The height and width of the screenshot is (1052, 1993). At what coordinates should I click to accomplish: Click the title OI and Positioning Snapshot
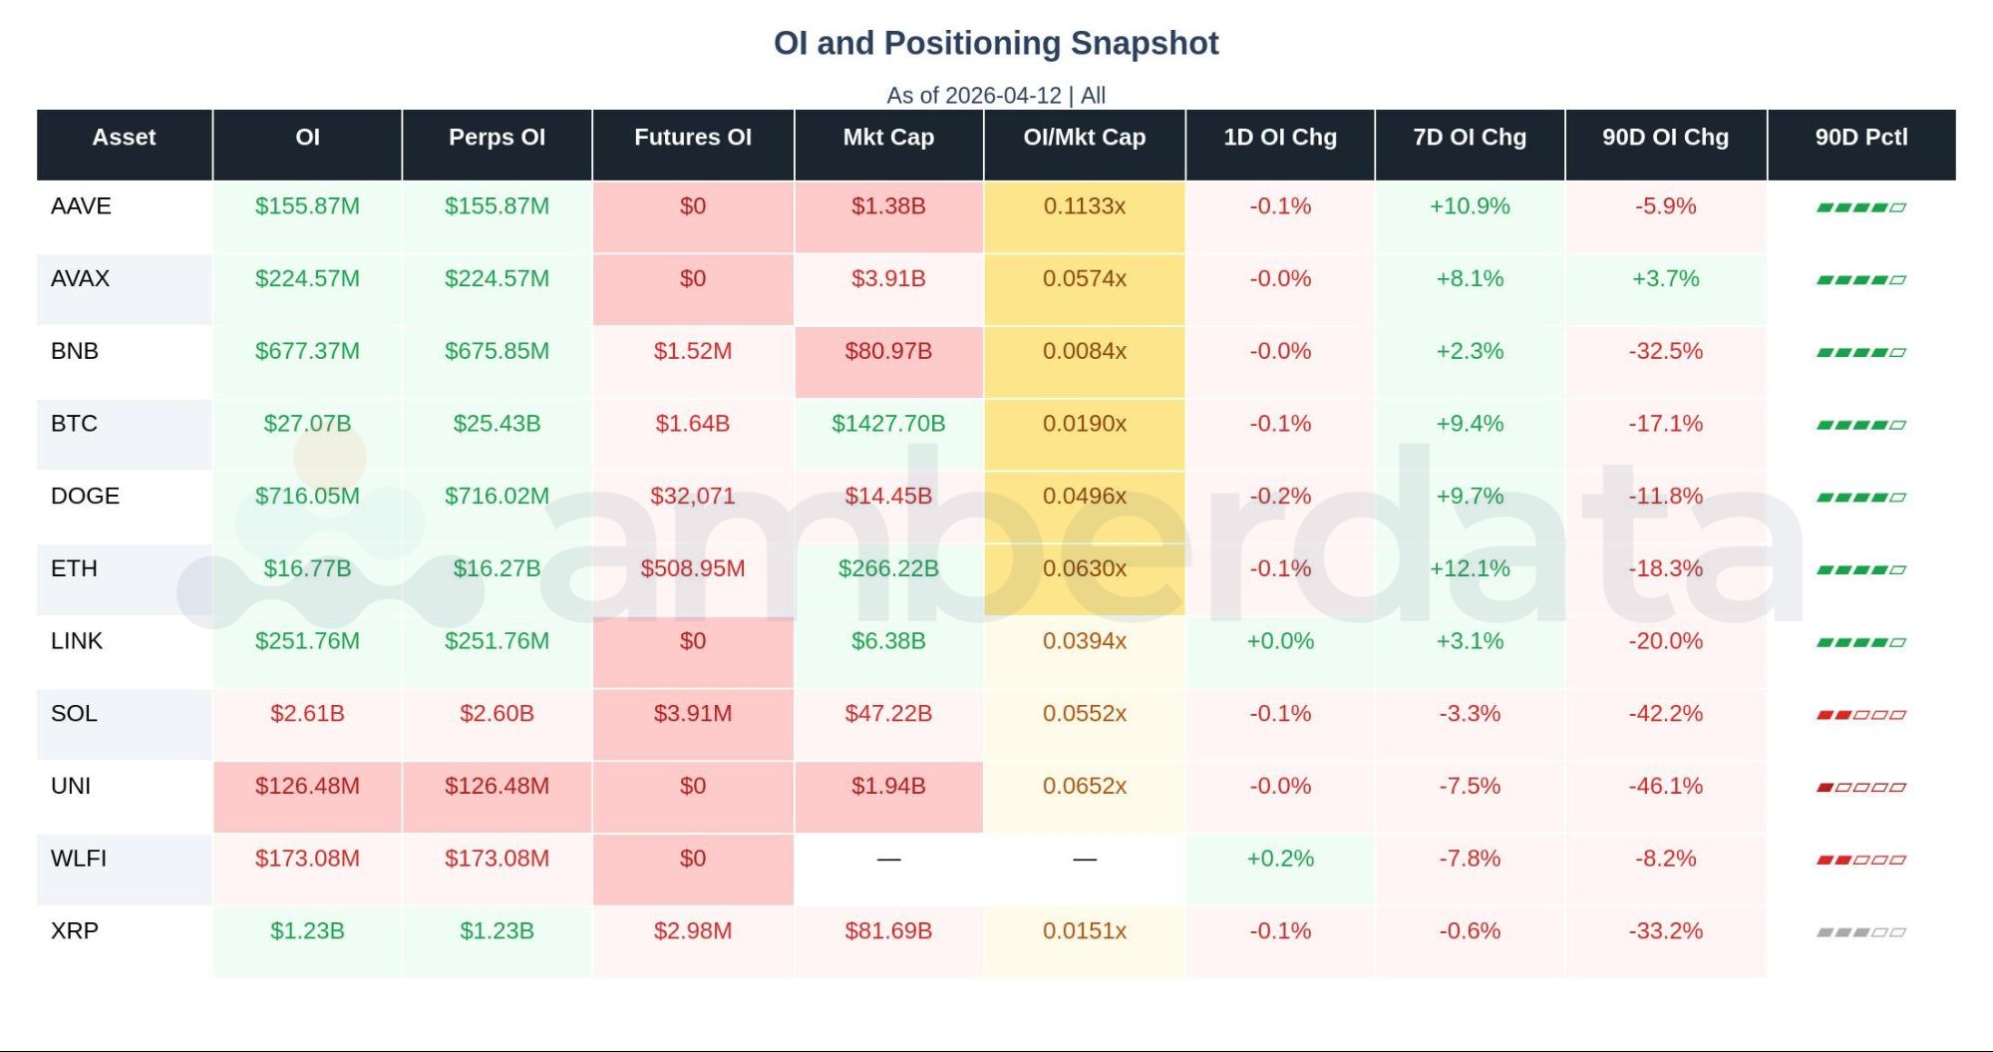tap(996, 44)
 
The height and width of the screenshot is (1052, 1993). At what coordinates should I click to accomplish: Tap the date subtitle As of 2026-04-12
tap(974, 96)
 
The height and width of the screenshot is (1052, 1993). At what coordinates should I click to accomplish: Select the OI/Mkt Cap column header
tap(1084, 138)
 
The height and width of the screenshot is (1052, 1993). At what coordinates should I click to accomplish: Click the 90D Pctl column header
tap(1860, 138)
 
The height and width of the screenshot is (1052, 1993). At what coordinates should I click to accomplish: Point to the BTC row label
tap(74, 424)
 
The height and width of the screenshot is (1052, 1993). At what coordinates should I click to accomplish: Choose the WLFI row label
tap(78, 859)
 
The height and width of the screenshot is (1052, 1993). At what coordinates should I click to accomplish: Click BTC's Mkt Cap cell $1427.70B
tap(888, 424)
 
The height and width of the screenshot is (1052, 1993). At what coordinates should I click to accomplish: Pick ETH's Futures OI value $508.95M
tap(692, 568)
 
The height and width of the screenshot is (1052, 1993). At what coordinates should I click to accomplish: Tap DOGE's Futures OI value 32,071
tap(692, 497)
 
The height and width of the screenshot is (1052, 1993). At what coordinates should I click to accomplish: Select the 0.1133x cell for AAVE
tap(1084, 206)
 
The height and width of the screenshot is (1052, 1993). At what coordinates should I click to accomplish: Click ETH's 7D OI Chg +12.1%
tap(1469, 568)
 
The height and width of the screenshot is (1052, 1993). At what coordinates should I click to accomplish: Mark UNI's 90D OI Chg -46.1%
tap(1665, 786)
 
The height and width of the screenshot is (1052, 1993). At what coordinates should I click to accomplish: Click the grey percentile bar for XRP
tap(1860, 932)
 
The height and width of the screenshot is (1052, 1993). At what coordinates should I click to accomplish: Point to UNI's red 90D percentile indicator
tap(1860, 787)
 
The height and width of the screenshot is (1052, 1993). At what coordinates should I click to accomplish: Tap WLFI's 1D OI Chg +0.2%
tap(1279, 859)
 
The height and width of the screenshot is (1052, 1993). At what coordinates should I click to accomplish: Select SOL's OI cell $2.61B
tap(307, 714)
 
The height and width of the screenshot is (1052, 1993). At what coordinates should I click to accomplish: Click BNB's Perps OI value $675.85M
tap(497, 351)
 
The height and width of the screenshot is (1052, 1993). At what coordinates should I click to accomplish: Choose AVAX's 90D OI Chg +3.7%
tap(1665, 278)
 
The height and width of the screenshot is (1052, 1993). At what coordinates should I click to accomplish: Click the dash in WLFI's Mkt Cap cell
tap(888, 859)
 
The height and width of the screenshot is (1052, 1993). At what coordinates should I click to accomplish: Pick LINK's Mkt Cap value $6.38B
tap(888, 641)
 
